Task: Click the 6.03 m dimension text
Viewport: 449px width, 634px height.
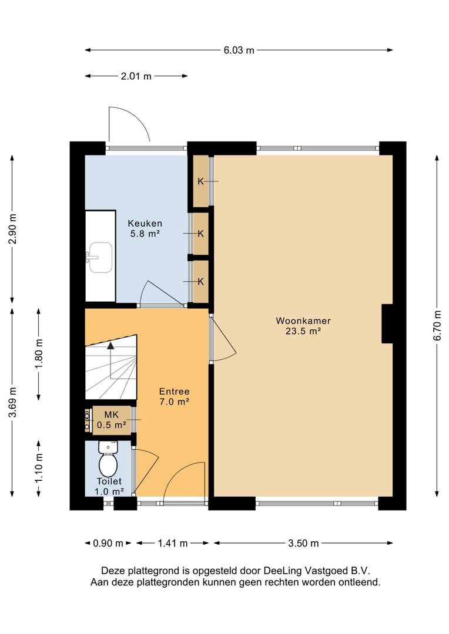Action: click(239, 50)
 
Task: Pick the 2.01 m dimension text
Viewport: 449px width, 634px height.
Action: click(136, 76)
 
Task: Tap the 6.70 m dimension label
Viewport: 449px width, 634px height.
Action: click(437, 325)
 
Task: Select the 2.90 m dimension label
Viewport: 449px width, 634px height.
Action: click(12, 229)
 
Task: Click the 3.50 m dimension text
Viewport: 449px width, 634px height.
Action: click(303, 543)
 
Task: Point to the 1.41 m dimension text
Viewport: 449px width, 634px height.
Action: click(172, 543)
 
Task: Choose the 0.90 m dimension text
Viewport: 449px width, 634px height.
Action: click(108, 543)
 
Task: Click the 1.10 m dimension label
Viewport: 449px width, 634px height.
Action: click(39, 468)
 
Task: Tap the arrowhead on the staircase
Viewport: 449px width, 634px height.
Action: click(110, 345)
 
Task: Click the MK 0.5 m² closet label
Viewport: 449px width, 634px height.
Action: click(111, 420)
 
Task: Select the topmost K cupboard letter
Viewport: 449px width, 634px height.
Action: click(201, 181)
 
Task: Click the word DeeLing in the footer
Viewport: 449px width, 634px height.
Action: click(283, 571)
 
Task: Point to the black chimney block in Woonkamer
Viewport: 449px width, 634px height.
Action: click(387, 323)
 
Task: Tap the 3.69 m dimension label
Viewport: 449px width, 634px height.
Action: click(12, 402)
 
